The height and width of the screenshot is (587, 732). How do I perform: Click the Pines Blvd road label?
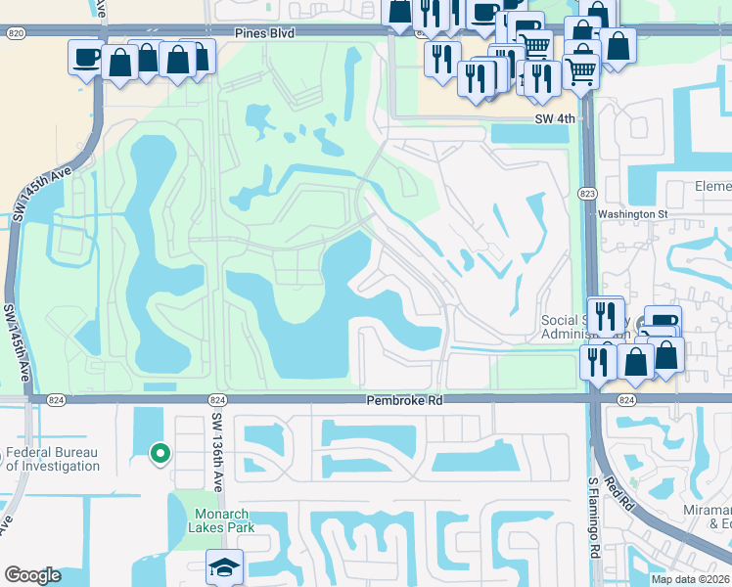click(x=265, y=32)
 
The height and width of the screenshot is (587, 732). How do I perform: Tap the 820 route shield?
click(x=15, y=32)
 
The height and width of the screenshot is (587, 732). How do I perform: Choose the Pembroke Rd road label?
click(x=404, y=400)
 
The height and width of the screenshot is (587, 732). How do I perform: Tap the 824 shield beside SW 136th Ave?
click(x=218, y=400)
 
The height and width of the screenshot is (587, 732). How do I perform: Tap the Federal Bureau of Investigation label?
click(x=54, y=459)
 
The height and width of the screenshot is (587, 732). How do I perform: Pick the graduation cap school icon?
click(x=224, y=566)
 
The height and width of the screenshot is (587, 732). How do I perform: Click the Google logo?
click(x=32, y=575)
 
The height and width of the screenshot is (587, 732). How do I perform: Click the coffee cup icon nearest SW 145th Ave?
click(x=85, y=57)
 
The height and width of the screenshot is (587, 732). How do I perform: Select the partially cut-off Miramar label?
click(x=709, y=519)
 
